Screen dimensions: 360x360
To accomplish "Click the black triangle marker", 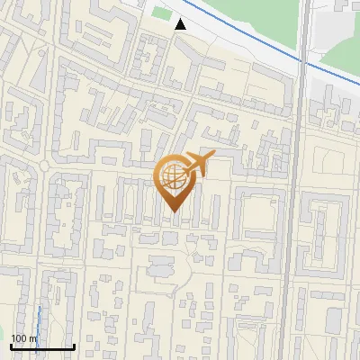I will click(181, 25).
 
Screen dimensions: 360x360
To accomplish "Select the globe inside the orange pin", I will click(172, 175).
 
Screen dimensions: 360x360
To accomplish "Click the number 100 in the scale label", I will click(19, 338).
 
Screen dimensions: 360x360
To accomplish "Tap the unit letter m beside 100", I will click(32, 338).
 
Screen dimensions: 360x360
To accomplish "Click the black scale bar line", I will click(41, 346).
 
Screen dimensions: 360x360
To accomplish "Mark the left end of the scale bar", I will click(10, 346).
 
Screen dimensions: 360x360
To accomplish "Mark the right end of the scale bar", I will click(74, 346).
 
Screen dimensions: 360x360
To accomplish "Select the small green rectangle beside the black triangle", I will click(161, 13).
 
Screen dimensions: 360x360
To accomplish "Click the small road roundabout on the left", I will click(42, 166).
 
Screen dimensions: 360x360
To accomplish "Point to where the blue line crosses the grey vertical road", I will click(304, 62).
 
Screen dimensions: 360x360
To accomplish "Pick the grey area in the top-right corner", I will click(337, 22).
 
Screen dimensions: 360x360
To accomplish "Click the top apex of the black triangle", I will click(181, 20).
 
